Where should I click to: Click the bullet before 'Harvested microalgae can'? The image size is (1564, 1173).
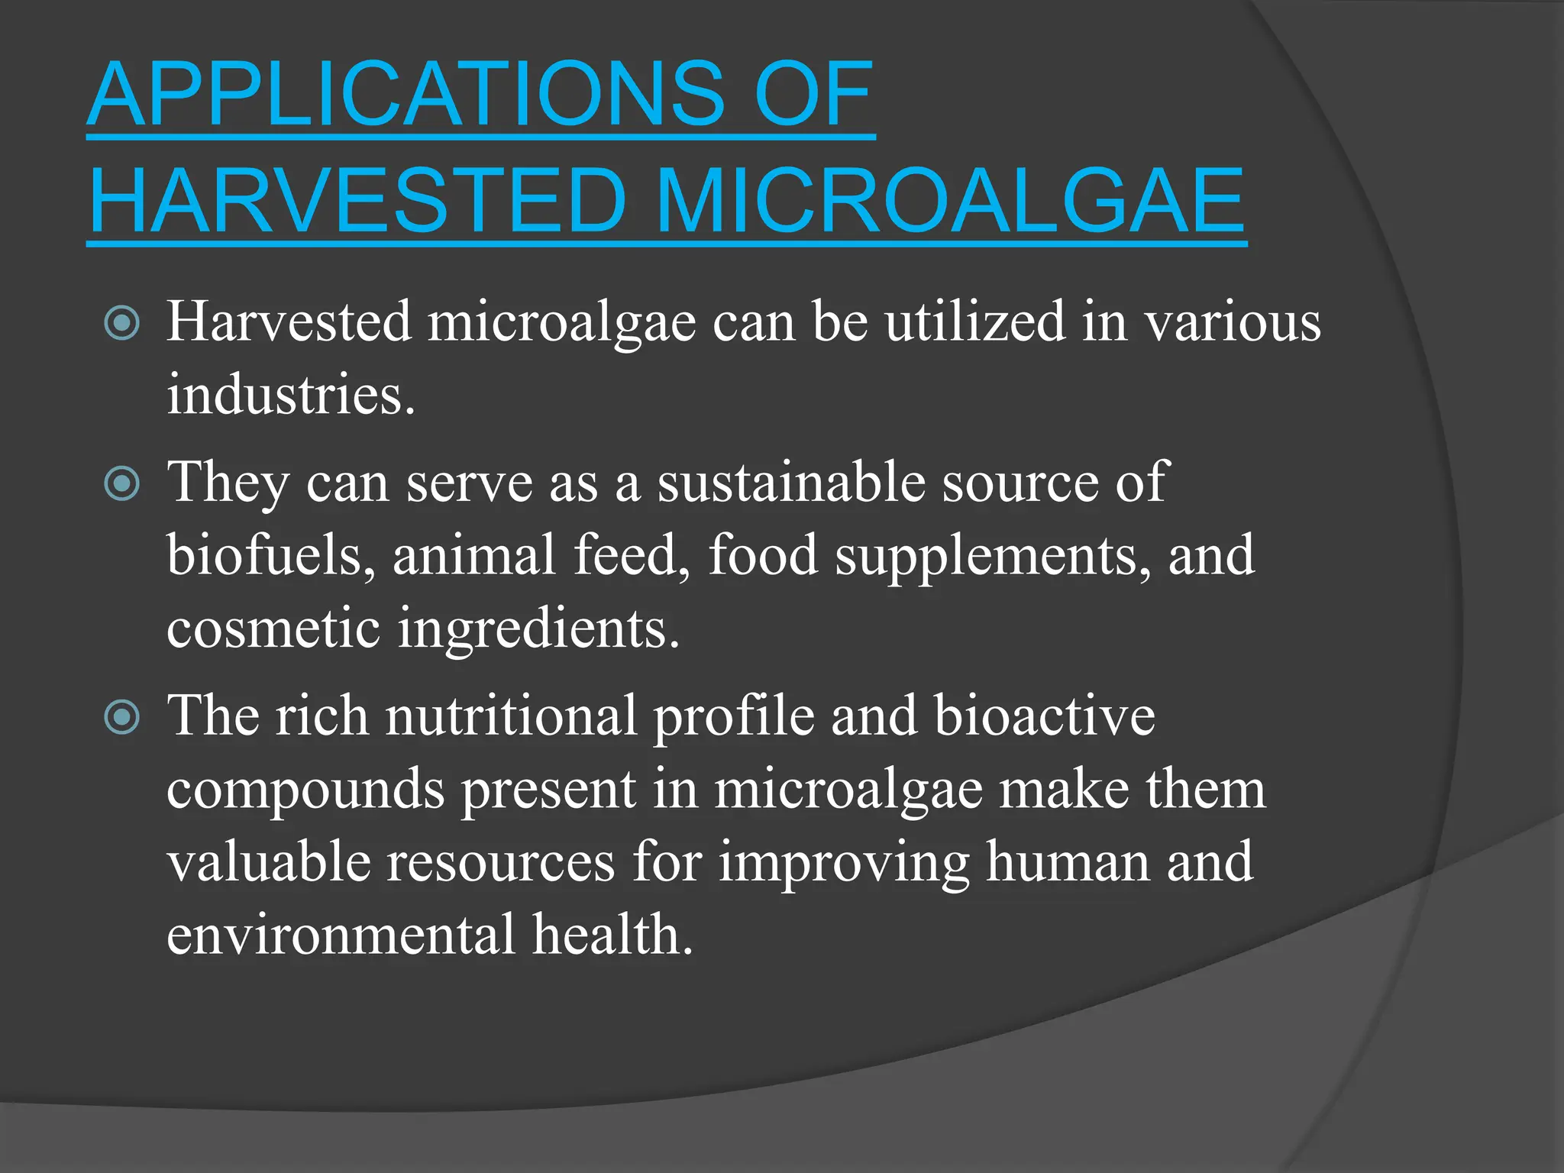pos(122,323)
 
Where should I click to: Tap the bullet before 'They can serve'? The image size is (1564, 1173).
pos(122,483)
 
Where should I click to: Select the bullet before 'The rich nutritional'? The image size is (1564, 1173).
pos(122,717)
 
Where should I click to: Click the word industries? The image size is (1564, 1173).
pos(291,395)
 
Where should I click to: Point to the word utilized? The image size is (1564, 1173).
pos(974,322)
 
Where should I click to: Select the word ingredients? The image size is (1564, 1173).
pos(538,630)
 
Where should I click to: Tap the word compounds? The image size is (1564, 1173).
pos(305,791)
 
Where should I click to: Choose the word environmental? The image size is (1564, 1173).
pos(341,935)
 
